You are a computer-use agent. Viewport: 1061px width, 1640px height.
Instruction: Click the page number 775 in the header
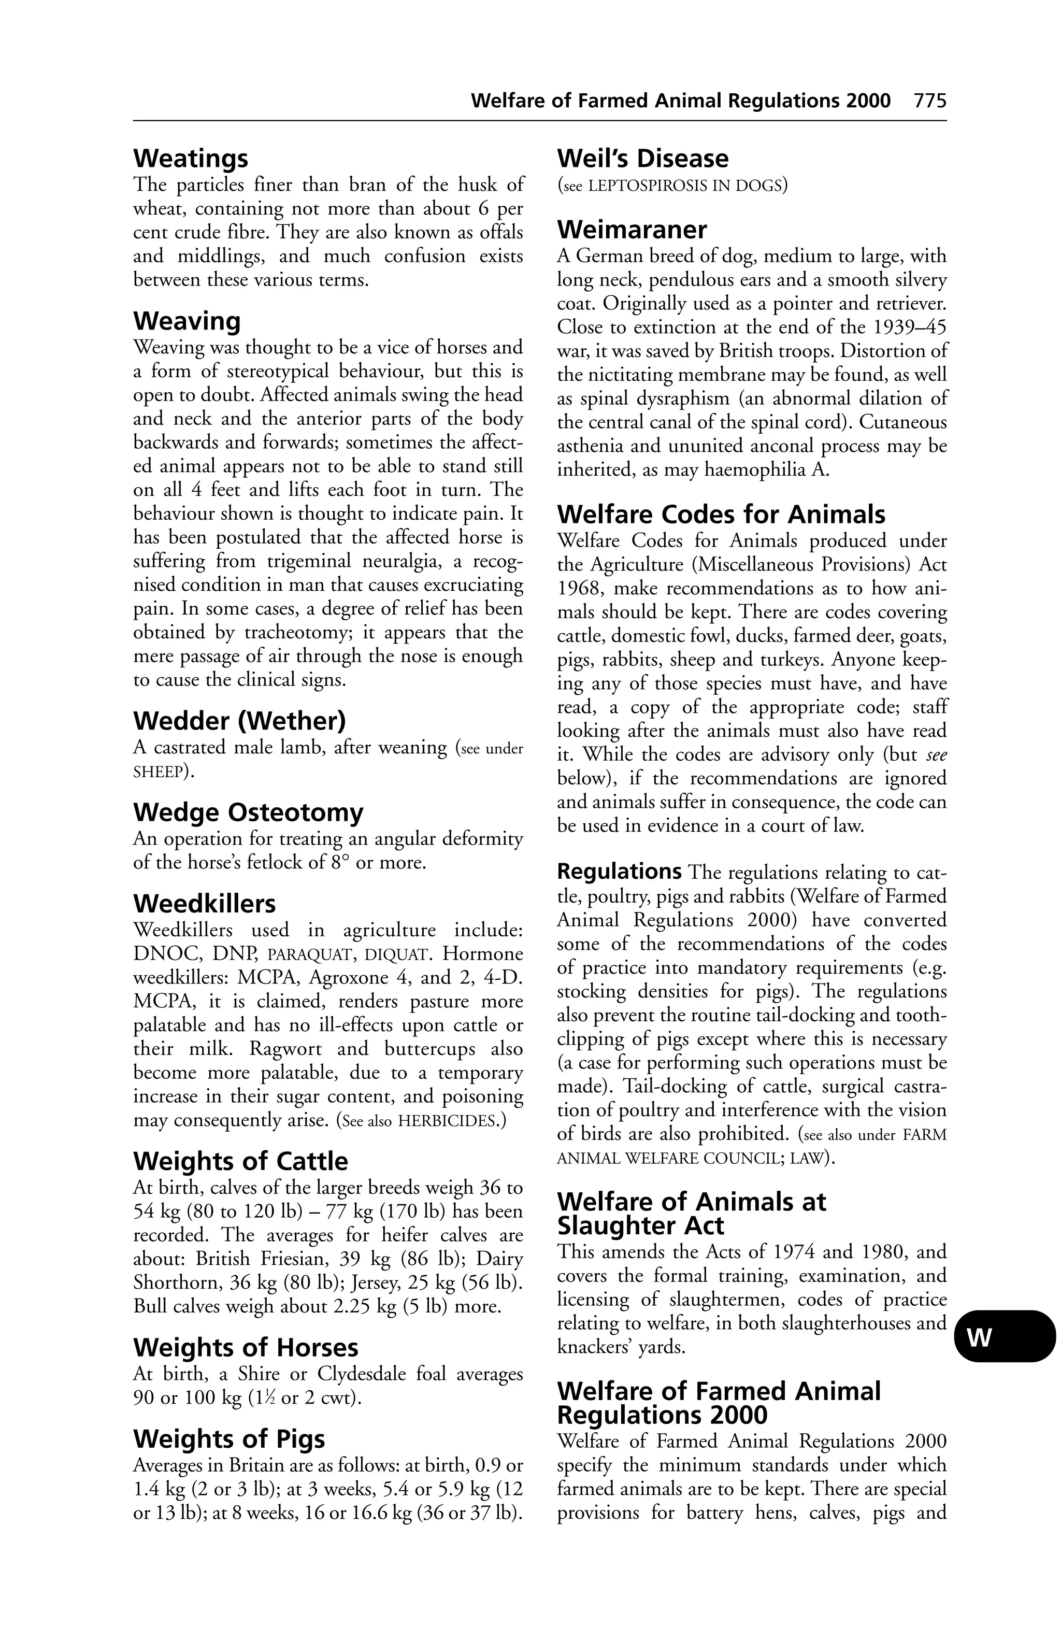[x=929, y=101]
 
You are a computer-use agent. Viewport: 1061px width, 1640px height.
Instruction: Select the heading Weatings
[x=190, y=159]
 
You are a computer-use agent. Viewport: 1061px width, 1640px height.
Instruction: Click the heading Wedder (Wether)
[x=239, y=721]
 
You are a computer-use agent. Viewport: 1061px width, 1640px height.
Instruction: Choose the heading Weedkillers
[x=204, y=904]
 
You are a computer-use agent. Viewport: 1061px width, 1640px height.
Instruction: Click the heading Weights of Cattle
[x=240, y=1162]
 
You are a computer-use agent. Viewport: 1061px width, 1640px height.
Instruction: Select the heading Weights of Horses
[x=245, y=1348]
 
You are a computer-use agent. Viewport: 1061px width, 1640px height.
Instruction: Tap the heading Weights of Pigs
[x=229, y=1439]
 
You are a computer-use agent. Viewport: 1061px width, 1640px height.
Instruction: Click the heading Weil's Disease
[x=642, y=159]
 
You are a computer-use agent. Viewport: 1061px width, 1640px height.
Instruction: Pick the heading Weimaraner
[x=632, y=230]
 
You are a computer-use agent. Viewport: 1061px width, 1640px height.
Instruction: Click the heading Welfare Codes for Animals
[x=721, y=515]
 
